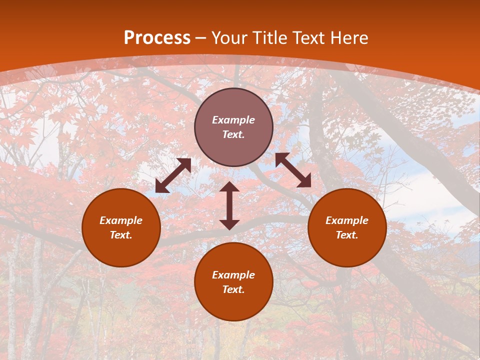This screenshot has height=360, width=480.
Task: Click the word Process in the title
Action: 157,37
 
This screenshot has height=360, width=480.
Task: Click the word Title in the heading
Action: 272,37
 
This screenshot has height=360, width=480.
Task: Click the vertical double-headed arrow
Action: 229,205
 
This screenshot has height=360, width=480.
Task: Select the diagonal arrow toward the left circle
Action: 173,175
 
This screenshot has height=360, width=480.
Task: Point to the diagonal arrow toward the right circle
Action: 293,170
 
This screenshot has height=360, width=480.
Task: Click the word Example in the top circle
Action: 233,120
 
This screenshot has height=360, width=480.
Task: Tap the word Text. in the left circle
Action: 121,235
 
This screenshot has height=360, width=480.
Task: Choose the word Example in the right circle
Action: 347,220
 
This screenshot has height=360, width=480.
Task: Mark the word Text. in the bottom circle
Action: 233,289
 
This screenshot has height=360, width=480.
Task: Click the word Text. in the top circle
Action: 233,134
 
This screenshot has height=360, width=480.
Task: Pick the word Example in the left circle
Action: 121,220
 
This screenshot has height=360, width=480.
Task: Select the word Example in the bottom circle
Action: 233,275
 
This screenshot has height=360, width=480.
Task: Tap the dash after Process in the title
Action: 201,38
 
